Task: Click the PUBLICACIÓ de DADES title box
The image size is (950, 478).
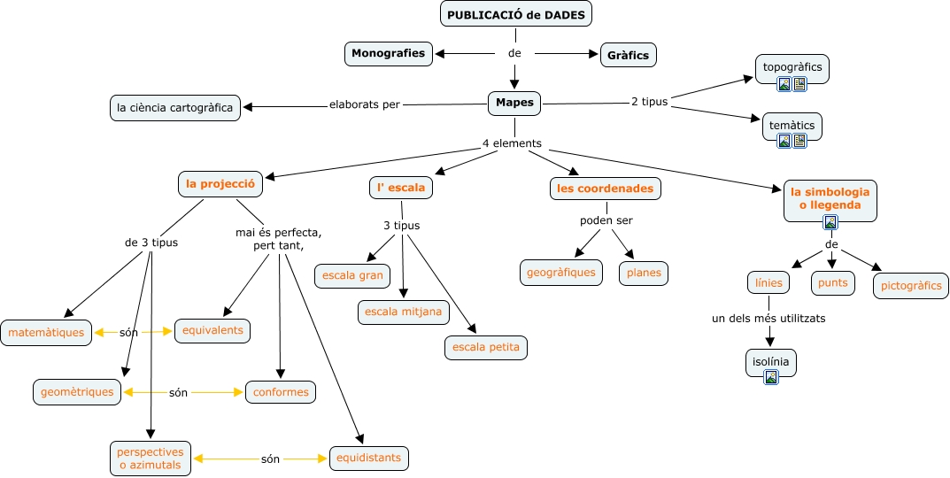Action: pyautogui.click(x=515, y=14)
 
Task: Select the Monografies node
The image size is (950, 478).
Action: pyautogui.click(x=389, y=53)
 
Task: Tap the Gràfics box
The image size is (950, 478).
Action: pyautogui.click(x=629, y=55)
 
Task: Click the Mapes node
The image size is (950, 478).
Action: pyautogui.click(x=514, y=103)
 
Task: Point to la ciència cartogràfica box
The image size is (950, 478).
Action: pyautogui.click(x=175, y=108)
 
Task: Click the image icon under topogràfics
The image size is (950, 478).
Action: pyautogui.click(x=784, y=84)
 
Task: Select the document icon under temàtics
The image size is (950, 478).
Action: pyautogui.click(x=799, y=141)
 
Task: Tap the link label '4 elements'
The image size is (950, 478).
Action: pyautogui.click(x=512, y=143)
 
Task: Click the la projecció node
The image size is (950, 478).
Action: pyautogui.click(x=220, y=183)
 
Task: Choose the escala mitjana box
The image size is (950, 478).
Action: pyautogui.click(x=404, y=312)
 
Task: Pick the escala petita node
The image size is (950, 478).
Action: pyautogui.click(x=486, y=347)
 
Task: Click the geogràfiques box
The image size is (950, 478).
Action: pyautogui.click(x=561, y=273)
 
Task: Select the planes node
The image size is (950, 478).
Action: pyautogui.click(x=644, y=273)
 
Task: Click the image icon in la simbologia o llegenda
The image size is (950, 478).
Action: pyautogui.click(x=830, y=222)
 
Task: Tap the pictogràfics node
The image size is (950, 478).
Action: pyautogui.click(x=911, y=285)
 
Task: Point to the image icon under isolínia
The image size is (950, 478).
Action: pyautogui.click(x=770, y=377)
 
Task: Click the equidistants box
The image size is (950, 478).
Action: pyautogui.click(x=369, y=458)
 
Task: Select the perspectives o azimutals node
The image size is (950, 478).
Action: pyautogui.click(x=151, y=459)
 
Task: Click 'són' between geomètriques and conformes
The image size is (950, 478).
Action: pyautogui.click(x=178, y=392)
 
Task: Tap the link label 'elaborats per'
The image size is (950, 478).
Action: pyautogui.click(x=365, y=104)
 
